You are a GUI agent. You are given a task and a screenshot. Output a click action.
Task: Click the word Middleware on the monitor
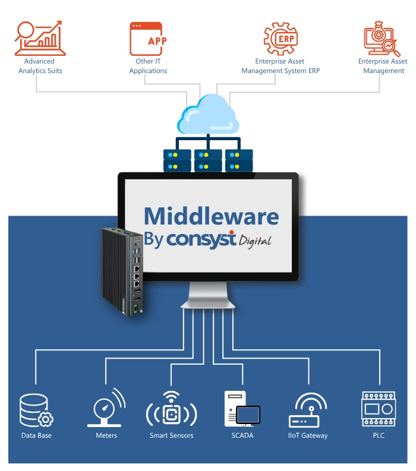click(211, 215)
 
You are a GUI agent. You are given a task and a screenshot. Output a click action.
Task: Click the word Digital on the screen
click(255, 241)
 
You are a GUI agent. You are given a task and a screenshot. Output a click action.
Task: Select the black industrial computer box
click(121, 270)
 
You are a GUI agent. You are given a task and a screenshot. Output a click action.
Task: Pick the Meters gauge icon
click(105, 408)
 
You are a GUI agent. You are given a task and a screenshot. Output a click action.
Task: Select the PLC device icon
click(378, 408)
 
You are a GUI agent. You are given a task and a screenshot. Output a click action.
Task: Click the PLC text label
click(378, 435)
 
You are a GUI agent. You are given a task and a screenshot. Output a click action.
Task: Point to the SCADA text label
click(242, 435)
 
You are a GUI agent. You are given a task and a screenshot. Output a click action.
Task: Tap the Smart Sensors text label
click(171, 435)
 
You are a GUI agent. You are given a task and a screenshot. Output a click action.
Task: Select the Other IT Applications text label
click(148, 66)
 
